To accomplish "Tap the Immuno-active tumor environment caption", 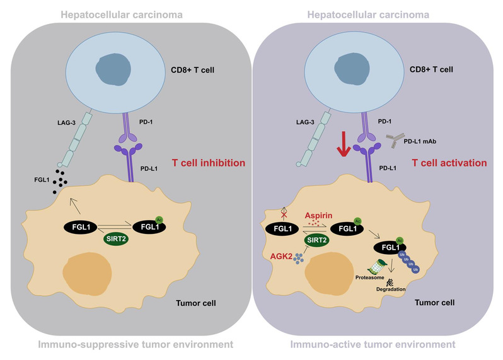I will click(x=374, y=344).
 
